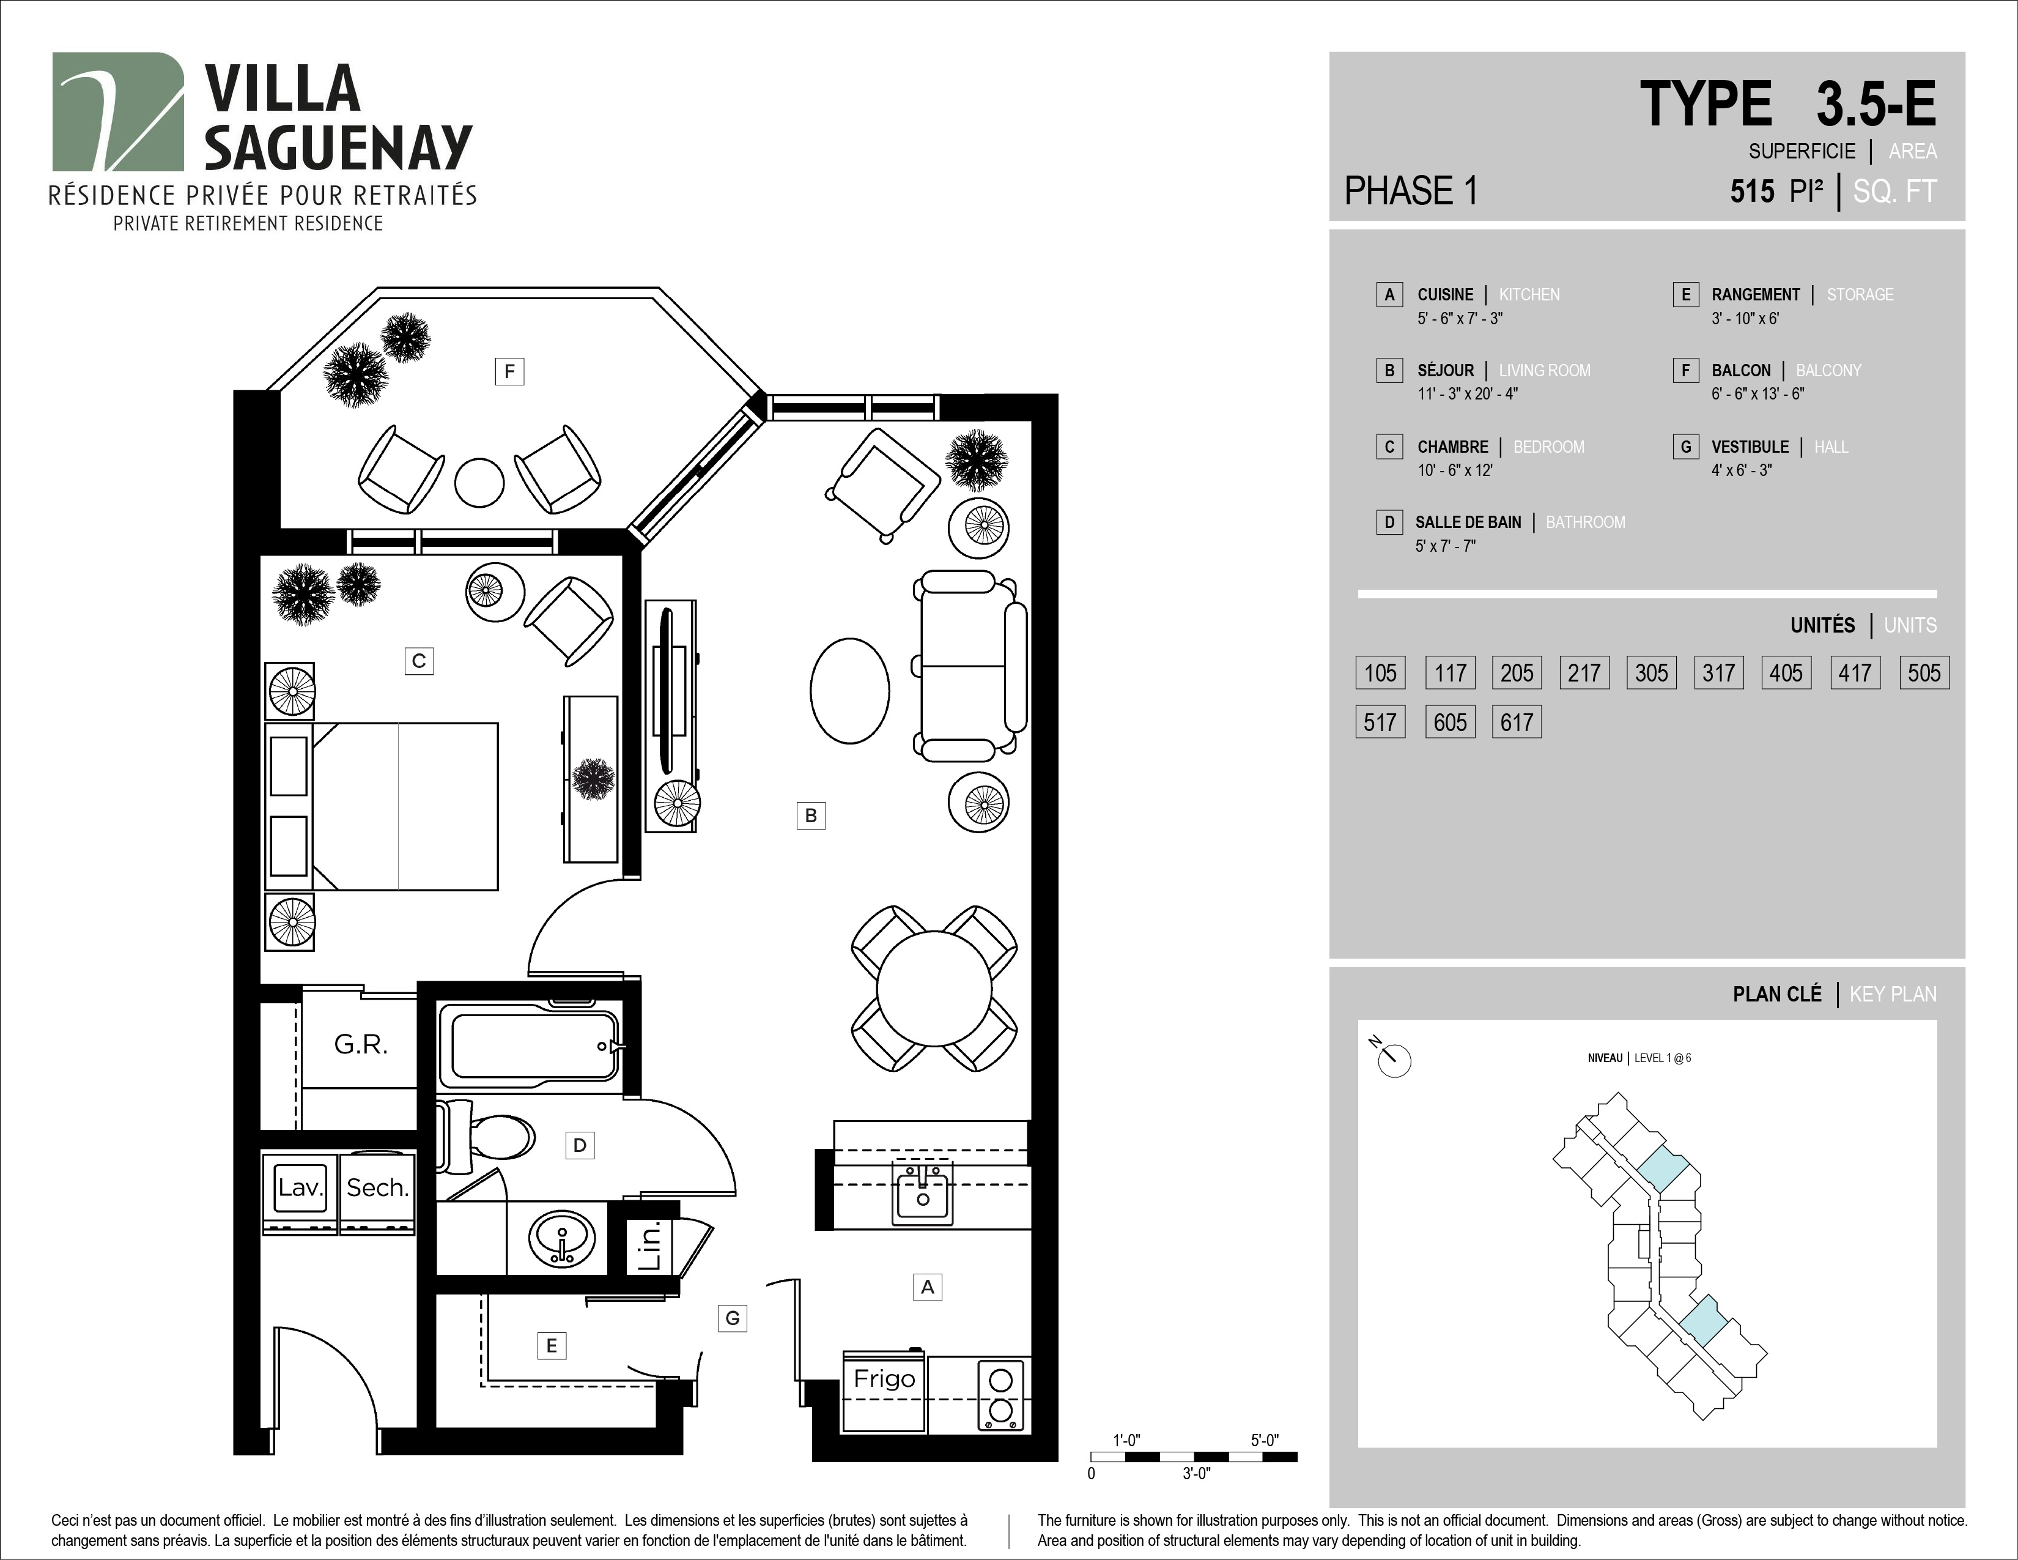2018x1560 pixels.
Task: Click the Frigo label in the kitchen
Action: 884,1379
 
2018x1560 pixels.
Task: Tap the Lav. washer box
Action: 300,1192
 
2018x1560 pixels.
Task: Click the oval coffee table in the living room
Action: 849,690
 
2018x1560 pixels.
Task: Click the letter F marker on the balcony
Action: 509,371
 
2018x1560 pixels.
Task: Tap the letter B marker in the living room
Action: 810,815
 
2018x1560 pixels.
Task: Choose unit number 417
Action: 1855,673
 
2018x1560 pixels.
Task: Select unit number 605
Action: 1450,722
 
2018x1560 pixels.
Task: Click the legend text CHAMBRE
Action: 1452,447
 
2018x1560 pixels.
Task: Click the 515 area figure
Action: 1753,191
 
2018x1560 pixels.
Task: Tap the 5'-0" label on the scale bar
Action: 1264,1441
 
